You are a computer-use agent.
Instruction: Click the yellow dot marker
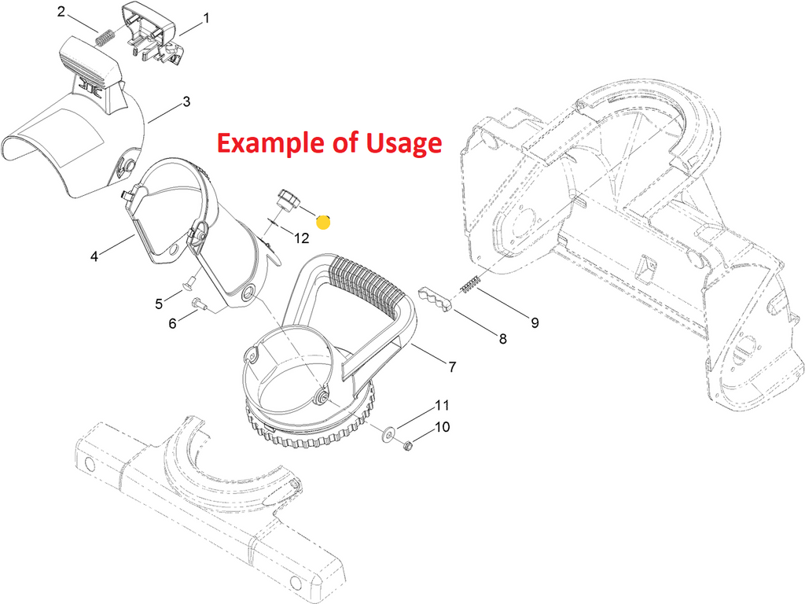323,222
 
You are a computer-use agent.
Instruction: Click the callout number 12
302,238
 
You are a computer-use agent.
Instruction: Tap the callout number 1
207,19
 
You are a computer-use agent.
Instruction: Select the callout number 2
61,11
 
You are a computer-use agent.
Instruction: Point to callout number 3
186,101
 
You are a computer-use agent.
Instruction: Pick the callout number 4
94,256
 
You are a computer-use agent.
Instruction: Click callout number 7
452,366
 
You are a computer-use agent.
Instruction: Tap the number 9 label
535,322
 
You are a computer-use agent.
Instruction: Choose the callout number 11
442,405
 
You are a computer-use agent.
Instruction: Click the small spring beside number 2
105,38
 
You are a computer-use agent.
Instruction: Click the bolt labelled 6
199,304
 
